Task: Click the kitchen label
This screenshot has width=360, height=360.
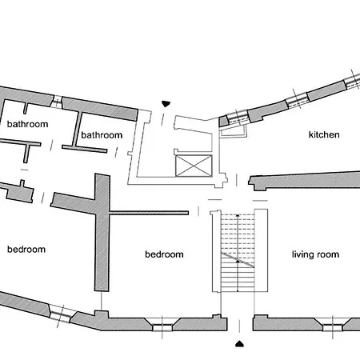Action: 324,134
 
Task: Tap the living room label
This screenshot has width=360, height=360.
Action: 315,254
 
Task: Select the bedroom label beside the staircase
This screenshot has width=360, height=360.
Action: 164,254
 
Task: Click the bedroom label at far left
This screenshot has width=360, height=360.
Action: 26,250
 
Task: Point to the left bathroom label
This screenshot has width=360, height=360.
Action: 27,124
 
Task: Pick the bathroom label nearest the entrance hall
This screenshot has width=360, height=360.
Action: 102,135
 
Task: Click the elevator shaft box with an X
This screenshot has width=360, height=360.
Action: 194,166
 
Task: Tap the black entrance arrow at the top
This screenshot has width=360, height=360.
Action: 166,104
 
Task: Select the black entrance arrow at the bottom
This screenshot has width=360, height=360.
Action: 240,344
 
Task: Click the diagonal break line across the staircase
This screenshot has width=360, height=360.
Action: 238,260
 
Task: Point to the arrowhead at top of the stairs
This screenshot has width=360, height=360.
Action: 238,215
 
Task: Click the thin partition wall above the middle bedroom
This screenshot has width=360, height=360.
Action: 149,213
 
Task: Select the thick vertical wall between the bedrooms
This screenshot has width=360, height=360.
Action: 102,232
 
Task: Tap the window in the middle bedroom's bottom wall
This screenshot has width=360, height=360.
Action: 162,327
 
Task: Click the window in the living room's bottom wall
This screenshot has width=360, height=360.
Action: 333,327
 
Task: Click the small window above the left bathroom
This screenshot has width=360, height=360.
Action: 57,102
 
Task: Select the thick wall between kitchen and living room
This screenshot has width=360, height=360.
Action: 304,181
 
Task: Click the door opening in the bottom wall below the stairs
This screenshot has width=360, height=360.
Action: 240,325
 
